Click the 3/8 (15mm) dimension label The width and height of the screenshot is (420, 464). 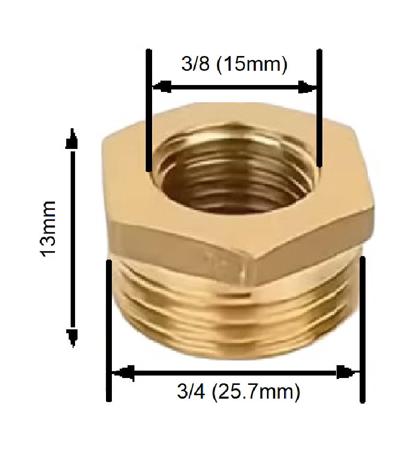point(234,65)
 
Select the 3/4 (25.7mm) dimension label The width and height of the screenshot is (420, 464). point(238,392)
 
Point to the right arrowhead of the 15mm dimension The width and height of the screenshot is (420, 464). point(308,87)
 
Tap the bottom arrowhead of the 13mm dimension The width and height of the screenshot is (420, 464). point(73,337)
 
